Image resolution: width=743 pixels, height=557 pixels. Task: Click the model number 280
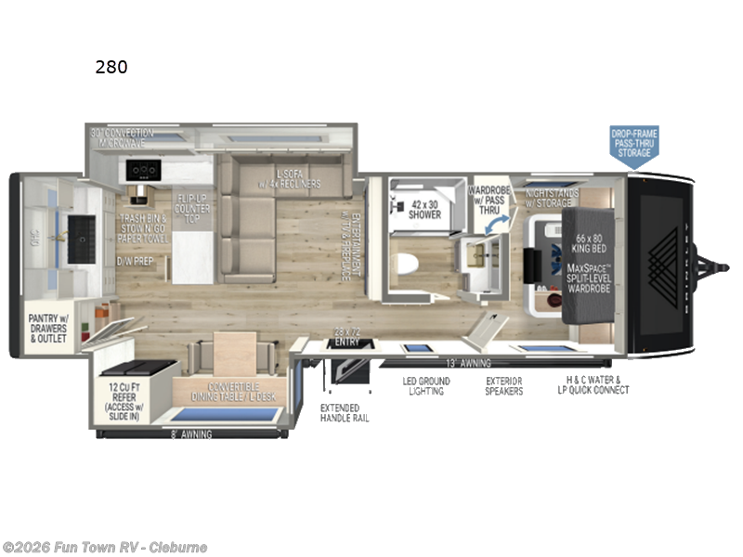point(111,67)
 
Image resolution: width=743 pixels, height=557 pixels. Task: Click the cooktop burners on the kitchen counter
point(145,171)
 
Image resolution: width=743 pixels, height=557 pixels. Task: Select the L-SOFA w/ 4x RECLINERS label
point(297,178)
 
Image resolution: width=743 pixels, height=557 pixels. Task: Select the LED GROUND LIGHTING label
point(426,386)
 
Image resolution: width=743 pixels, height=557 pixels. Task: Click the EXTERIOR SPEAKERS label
point(504,386)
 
